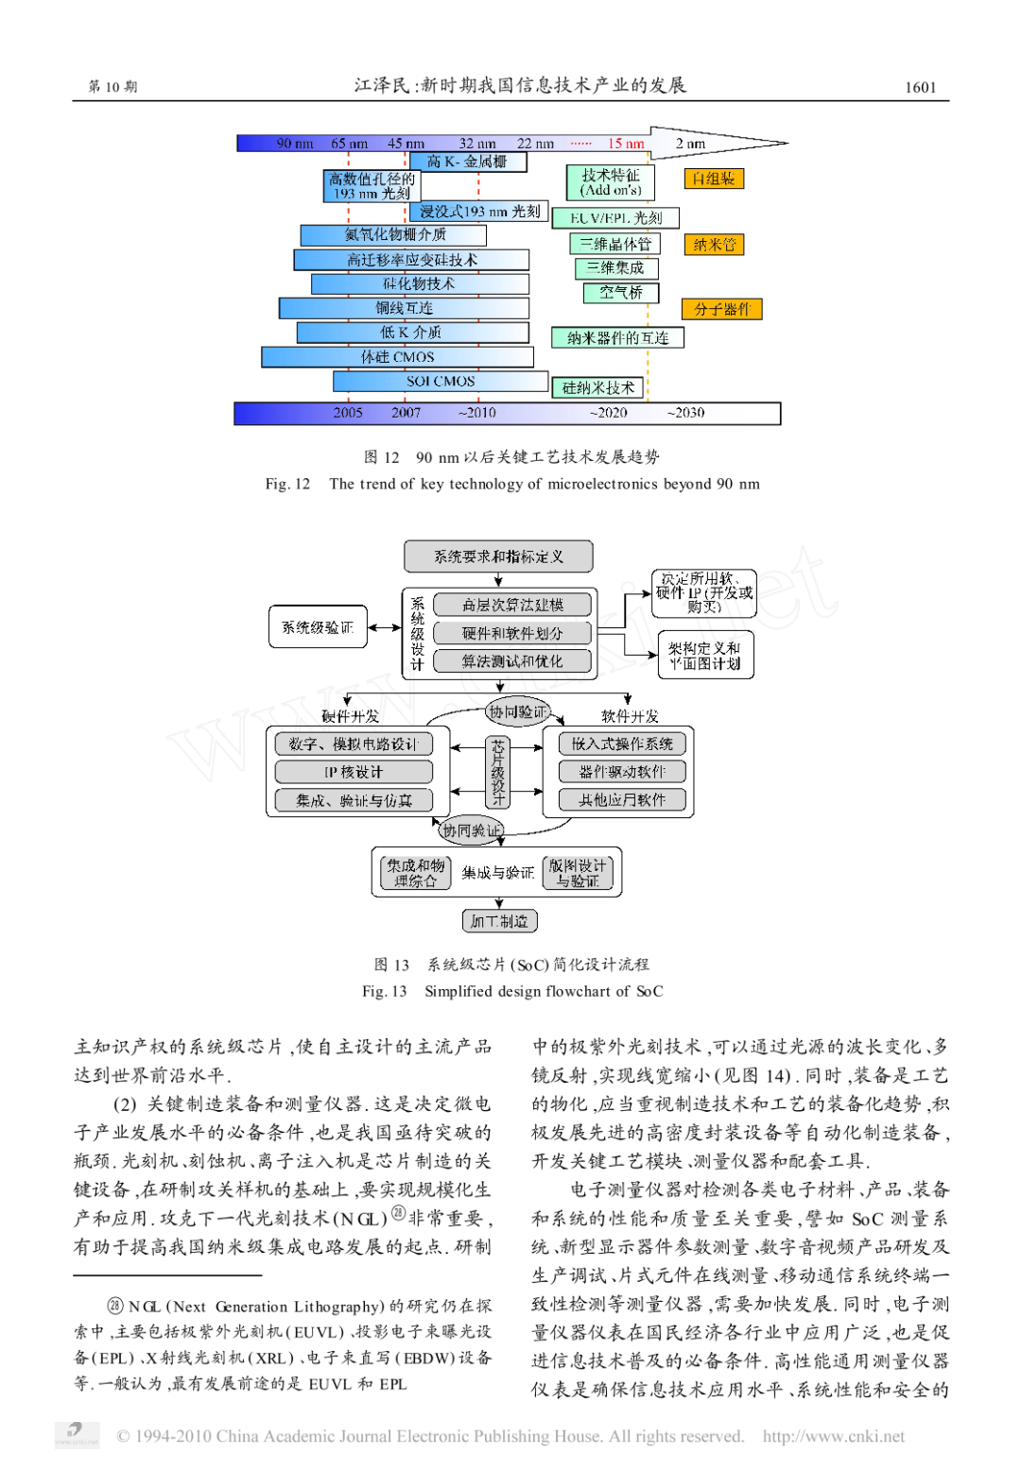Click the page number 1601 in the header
920,87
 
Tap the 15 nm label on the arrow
626,144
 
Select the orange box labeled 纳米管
714,245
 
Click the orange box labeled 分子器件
722,309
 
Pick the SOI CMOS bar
441,382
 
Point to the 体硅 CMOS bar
397,357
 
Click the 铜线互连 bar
404,308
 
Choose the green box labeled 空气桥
621,293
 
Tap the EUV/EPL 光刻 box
615,218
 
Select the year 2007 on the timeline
406,413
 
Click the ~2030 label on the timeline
685,413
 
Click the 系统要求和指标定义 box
498,556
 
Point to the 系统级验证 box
318,627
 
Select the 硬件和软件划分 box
512,633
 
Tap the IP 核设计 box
354,772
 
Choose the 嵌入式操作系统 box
622,744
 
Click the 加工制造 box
499,921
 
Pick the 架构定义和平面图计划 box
705,656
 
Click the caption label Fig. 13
384,991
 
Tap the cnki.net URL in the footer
833,1436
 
